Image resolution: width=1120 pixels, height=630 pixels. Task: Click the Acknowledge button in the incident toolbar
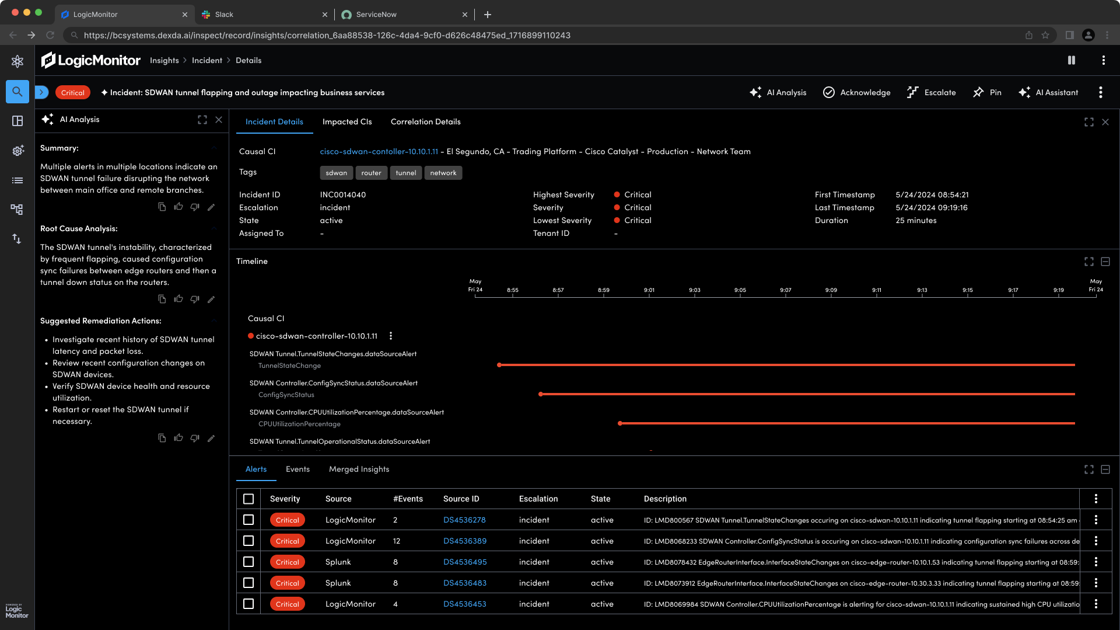(856, 92)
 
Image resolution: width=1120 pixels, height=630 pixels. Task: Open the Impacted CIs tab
(347, 121)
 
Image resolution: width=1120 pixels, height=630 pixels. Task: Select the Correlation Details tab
(425, 121)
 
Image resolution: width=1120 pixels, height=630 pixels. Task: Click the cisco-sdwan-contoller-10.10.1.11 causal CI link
(379, 151)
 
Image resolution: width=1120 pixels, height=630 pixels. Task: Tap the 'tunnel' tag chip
(405, 173)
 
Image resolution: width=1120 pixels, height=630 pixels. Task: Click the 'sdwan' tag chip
(336, 173)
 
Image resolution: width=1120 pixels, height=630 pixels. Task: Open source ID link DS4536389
(464, 541)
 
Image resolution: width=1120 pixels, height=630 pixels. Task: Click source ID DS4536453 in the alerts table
(464, 604)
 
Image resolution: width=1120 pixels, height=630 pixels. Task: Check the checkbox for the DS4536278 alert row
(249, 520)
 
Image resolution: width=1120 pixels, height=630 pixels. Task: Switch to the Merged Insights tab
(359, 469)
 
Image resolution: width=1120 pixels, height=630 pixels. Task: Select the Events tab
(297, 469)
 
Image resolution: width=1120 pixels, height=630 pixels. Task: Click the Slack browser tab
(224, 15)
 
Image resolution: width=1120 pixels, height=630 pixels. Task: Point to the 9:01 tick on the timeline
(649, 294)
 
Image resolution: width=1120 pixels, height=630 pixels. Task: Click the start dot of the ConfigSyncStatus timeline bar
(541, 394)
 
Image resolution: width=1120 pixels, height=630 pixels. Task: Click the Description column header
(665, 499)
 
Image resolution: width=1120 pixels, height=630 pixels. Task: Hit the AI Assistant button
(1048, 92)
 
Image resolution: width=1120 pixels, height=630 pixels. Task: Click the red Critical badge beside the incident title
(73, 92)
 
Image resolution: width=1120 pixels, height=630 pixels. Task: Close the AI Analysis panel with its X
(219, 120)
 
